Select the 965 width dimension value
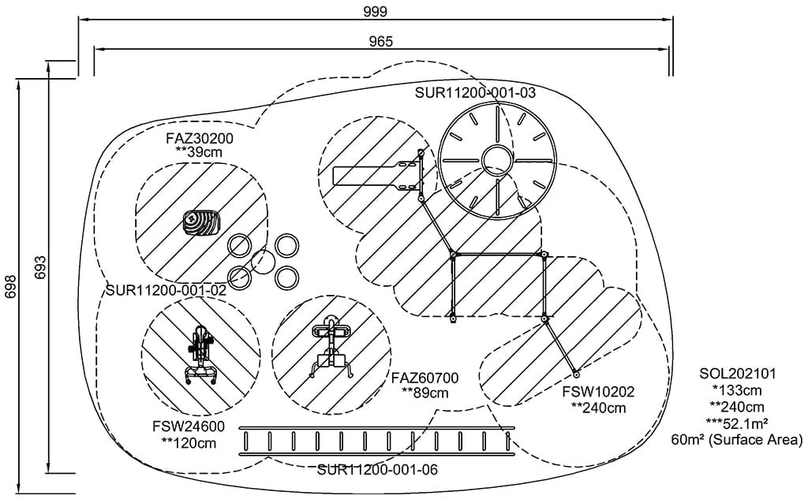tap(380, 41)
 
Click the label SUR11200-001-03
tap(476, 93)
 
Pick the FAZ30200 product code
tap(200, 138)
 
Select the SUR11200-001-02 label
tap(166, 290)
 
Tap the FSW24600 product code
tap(189, 427)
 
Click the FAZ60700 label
tap(425, 378)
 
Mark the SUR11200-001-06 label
tap(378, 471)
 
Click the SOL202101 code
tap(731, 374)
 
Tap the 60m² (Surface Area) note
tap(735, 440)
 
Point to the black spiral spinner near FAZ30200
tap(201, 222)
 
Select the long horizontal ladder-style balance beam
tap(376, 441)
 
